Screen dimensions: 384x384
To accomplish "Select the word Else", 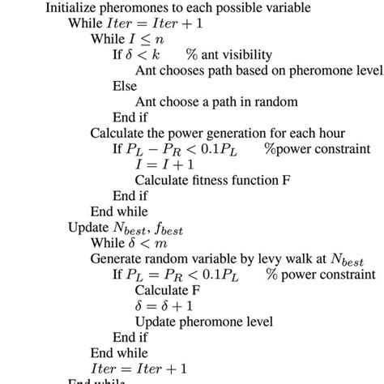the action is click(125, 87).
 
